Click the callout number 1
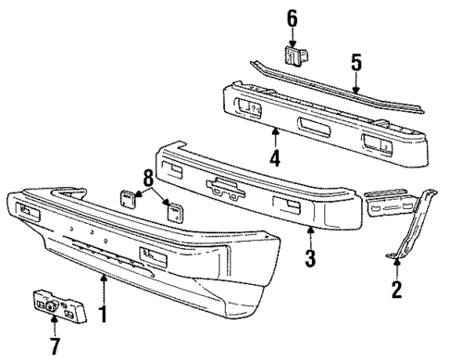click(103, 314)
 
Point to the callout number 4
click(274, 157)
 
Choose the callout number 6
click(292, 18)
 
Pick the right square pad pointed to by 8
click(172, 210)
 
